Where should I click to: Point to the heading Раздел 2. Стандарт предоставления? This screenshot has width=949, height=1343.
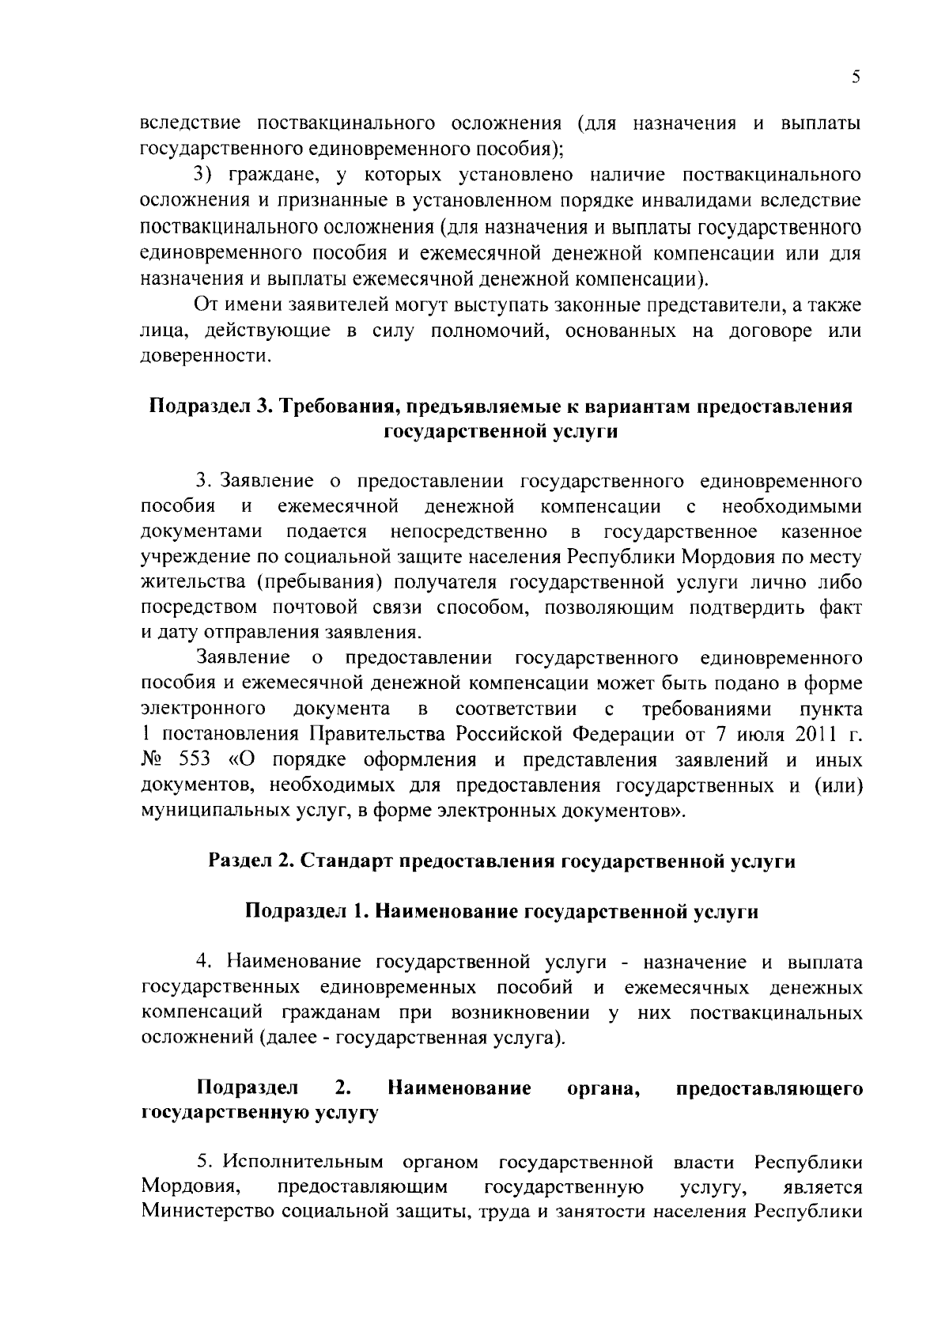pos(501,861)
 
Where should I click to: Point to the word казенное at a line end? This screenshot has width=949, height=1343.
pos(822,532)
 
